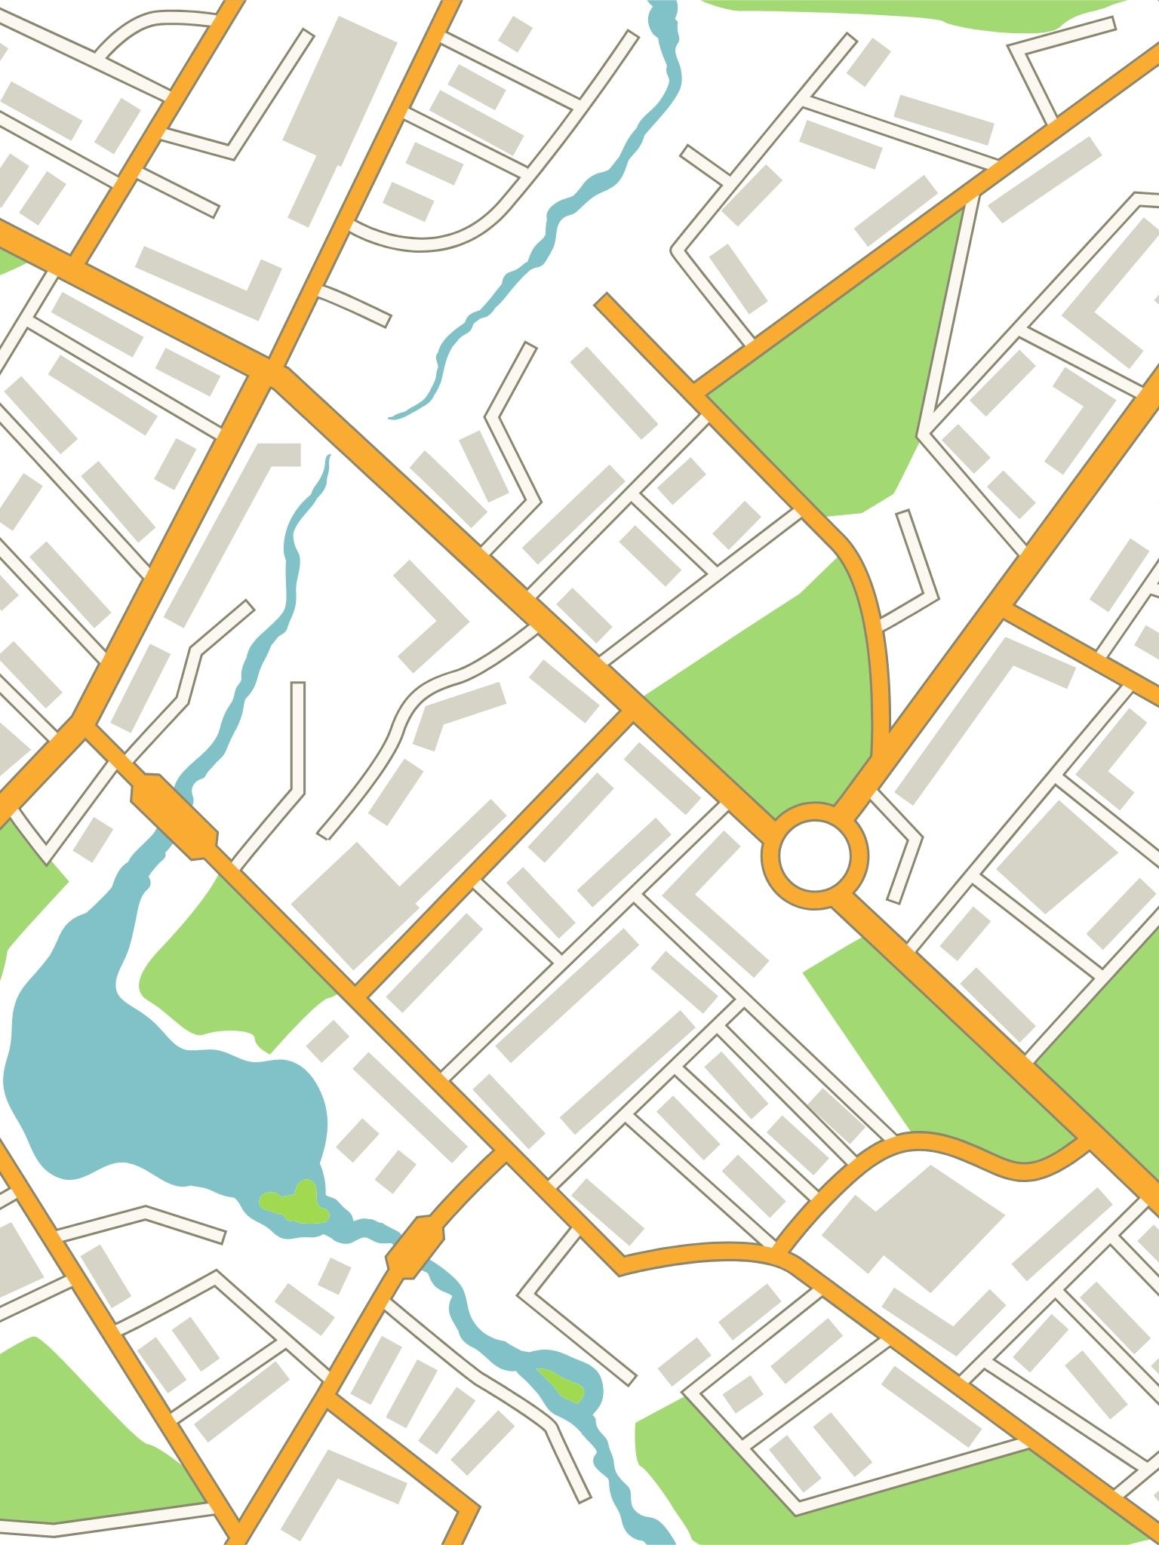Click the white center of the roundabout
click(815, 857)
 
